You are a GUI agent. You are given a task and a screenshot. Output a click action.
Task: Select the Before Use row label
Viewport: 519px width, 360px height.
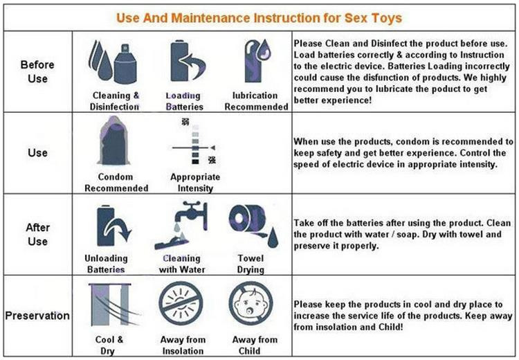(x=37, y=71)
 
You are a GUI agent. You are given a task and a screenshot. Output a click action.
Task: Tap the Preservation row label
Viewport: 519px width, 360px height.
(x=37, y=315)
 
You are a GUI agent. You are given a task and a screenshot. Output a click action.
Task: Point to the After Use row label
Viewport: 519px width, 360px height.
(x=38, y=235)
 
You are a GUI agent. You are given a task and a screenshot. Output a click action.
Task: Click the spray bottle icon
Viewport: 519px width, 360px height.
(x=125, y=64)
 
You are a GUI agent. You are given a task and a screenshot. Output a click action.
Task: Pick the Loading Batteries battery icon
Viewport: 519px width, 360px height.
(x=188, y=62)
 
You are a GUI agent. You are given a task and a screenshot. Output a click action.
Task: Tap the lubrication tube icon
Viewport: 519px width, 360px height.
(x=257, y=61)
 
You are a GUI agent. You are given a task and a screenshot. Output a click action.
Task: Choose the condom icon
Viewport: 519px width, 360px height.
(x=113, y=141)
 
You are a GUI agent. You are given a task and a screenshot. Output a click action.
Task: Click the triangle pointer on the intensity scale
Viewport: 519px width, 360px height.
(x=212, y=147)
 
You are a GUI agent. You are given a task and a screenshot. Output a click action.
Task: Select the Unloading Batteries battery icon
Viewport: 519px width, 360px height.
(x=114, y=226)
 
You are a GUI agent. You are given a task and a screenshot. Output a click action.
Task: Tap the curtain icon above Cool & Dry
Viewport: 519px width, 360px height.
(x=111, y=305)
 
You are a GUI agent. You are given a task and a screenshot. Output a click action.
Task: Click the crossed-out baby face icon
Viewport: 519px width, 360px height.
(x=251, y=303)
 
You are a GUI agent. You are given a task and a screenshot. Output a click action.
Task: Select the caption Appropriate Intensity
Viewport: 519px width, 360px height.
(x=195, y=183)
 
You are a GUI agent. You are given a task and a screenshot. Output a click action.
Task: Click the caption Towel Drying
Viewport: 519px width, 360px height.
(x=251, y=264)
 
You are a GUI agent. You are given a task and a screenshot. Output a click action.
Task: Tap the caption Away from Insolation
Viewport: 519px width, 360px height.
(x=183, y=345)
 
